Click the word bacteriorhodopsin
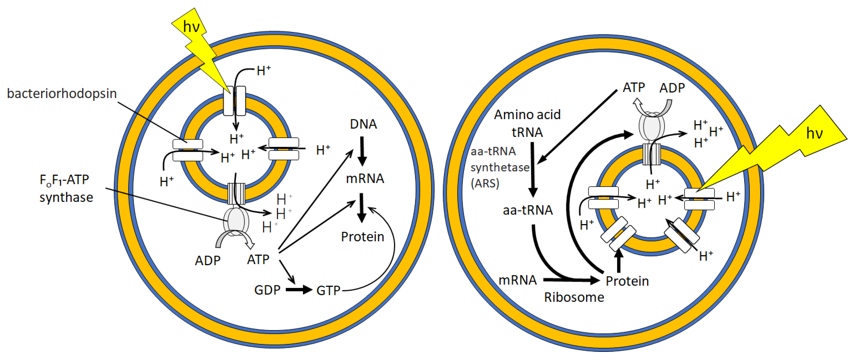pyautogui.click(x=62, y=94)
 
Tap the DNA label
pyautogui.click(x=363, y=124)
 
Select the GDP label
pyautogui.click(x=267, y=290)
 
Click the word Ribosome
pyautogui.click(x=574, y=297)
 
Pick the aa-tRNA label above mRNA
pyautogui.click(x=527, y=210)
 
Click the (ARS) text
pyautogui.click(x=485, y=183)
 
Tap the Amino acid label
pyautogui.click(x=527, y=115)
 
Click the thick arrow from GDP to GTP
pyautogui.click(x=299, y=290)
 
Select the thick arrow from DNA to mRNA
pyautogui.click(x=362, y=151)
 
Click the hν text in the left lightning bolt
pyautogui.click(x=191, y=26)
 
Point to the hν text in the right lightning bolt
pyautogui.click(x=814, y=133)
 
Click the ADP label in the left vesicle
pyautogui.click(x=208, y=261)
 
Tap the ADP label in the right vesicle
pyautogui.click(x=672, y=88)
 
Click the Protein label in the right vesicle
pyautogui.click(x=627, y=281)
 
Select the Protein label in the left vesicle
pyautogui.click(x=363, y=237)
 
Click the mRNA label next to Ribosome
pyautogui.click(x=518, y=280)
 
